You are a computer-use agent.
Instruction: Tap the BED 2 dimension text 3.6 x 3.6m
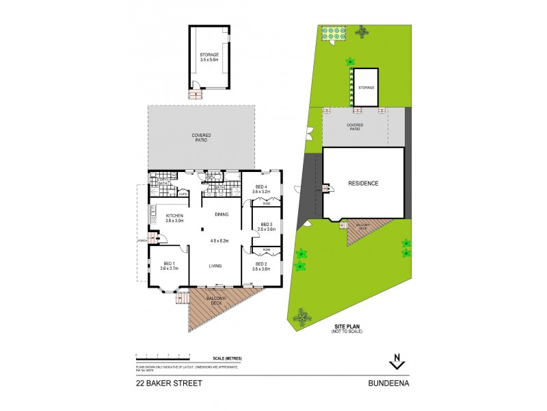[262, 269]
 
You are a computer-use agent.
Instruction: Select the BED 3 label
[262, 225]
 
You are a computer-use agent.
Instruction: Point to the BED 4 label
[261, 186]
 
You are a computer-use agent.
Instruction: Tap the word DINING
[221, 215]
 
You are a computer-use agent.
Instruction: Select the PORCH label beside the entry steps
[142, 240]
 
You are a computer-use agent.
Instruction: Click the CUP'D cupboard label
[183, 194]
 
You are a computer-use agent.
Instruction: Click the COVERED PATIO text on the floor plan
[201, 138]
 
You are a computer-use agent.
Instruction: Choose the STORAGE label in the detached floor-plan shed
[209, 54]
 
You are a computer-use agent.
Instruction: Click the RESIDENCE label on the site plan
[362, 183]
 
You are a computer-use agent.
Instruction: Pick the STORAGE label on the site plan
[366, 88]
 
